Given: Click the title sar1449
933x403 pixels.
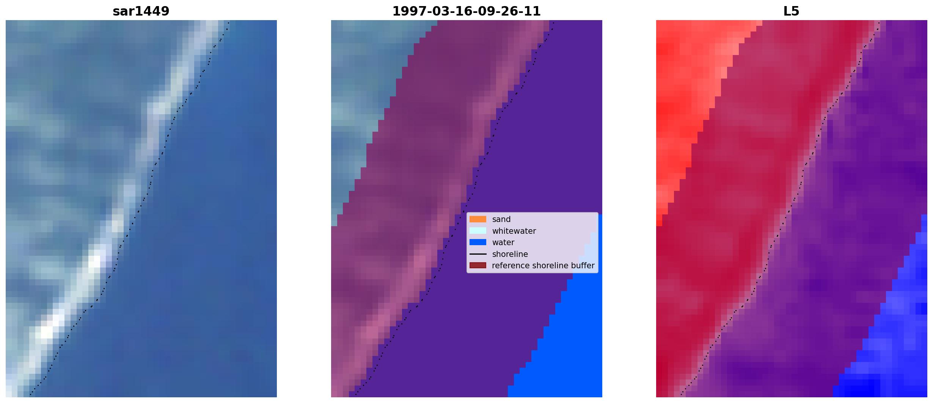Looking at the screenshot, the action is point(141,11).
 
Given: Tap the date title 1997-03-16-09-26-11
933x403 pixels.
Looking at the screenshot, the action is point(466,11).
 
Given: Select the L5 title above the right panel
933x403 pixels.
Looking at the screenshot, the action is point(791,11).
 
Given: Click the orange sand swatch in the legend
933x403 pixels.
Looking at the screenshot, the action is point(478,219).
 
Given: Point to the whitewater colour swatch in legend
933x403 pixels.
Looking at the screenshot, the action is point(478,231).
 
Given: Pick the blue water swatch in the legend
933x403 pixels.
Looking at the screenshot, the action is point(478,242).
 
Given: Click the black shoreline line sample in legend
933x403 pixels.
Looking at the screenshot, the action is point(478,254).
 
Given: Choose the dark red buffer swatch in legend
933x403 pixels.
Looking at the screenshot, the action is point(478,265).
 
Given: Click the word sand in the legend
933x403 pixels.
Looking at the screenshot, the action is point(501,219).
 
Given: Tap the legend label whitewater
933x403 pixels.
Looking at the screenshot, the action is point(514,231).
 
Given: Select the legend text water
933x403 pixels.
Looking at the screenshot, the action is point(503,242).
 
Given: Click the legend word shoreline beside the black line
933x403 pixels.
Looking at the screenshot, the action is point(510,254).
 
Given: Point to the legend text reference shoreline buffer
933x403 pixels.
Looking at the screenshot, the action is point(543,266).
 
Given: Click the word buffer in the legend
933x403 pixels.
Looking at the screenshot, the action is point(582,266).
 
